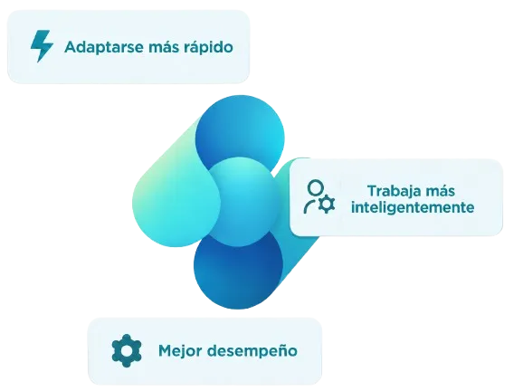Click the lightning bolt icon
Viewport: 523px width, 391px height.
pyautogui.click(x=42, y=46)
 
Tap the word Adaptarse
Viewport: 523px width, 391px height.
pyautogui.click(x=104, y=47)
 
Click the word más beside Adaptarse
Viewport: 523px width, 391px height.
pyautogui.click(x=164, y=47)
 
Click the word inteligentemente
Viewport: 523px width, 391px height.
pyautogui.click(x=413, y=207)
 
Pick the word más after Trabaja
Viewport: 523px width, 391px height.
pyautogui.click(x=440, y=192)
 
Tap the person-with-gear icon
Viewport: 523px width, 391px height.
pyautogui.click(x=319, y=196)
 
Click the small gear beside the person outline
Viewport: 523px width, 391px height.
pyautogui.click(x=327, y=205)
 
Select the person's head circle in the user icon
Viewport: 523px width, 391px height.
pyautogui.click(x=315, y=188)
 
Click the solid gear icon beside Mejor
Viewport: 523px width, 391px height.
pyautogui.click(x=127, y=350)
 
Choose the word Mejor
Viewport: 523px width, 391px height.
pyautogui.click(x=180, y=351)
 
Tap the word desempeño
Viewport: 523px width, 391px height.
pyautogui.click(x=252, y=351)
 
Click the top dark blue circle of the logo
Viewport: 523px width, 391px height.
pyautogui.click(x=240, y=133)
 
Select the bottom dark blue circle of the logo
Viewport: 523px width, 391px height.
pyautogui.click(x=239, y=271)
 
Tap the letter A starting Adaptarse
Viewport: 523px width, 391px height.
pyautogui.click(x=71, y=47)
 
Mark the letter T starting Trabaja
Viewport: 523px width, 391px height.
pyautogui.click(x=373, y=191)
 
